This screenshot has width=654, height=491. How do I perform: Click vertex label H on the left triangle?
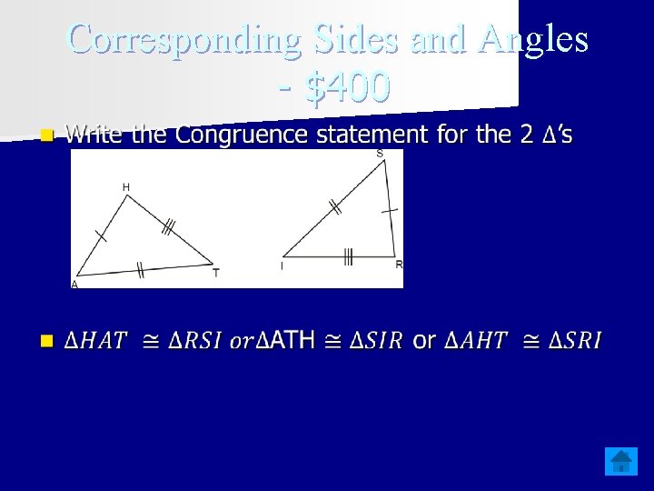click(x=126, y=187)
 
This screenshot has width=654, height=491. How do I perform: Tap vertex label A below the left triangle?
click(x=74, y=285)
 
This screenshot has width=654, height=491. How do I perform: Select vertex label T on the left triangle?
click(x=215, y=273)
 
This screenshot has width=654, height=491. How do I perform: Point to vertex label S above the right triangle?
click(x=379, y=154)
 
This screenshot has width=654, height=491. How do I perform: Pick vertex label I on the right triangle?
click(x=282, y=266)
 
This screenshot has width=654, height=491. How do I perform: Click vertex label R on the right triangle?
click(x=399, y=265)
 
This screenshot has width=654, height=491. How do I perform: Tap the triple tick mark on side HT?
click(x=168, y=227)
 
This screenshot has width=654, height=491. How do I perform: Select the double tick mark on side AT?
click(x=140, y=269)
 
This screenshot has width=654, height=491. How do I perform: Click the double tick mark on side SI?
click(x=335, y=208)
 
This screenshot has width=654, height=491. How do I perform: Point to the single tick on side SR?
click(x=390, y=210)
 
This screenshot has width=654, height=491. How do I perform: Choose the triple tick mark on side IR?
click(x=348, y=257)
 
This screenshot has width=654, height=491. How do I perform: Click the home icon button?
click(x=621, y=461)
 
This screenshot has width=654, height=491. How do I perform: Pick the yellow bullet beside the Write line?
click(x=46, y=135)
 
